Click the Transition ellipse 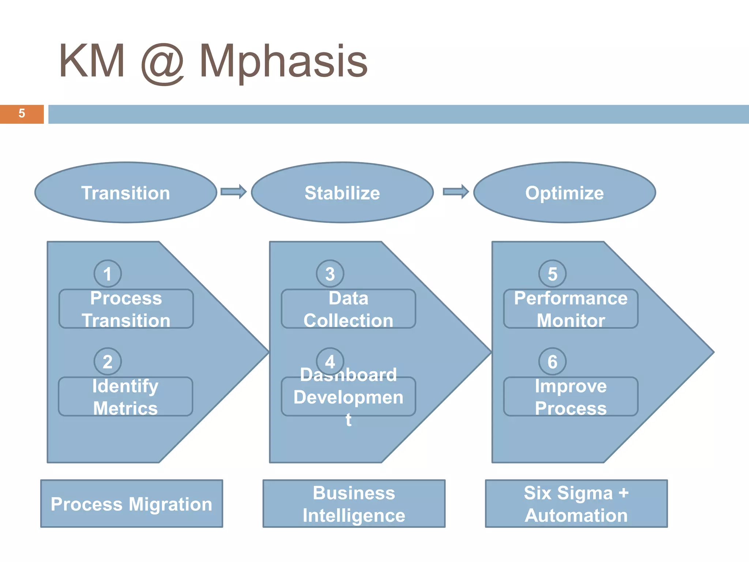126,192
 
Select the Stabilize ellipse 342,192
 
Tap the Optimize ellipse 564,192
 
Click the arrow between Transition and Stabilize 234,192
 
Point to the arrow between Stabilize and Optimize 456,192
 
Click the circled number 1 108,274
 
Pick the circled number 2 108,361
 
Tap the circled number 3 330,274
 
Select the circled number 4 330,361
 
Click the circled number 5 552,274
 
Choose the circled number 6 552,361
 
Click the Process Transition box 126,309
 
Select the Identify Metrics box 125,397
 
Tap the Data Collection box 348,309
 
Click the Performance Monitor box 571,309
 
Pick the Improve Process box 571,397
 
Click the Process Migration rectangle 132,503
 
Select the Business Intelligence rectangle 354,503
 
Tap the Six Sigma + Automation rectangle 576,503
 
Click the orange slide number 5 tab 22,114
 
